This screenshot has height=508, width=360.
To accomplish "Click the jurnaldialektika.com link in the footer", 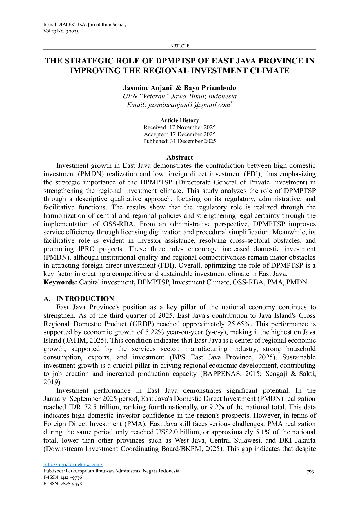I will tap(73, 465).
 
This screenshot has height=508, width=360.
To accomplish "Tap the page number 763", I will tap(310, 471).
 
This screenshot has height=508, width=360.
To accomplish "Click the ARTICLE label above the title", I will tap(179, 46).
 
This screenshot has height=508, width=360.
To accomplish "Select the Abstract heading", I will tap(180, 157).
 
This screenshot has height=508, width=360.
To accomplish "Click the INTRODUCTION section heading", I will tap(85, 299).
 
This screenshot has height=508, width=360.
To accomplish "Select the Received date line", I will tap(179, 127).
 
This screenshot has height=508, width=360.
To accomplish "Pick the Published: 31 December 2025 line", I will tap(179, 141).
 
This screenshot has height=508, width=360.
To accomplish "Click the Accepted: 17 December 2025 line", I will tap(179, 134).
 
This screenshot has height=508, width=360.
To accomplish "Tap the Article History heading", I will tap(179, 120).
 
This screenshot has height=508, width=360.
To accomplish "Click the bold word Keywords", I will tap(60, 282).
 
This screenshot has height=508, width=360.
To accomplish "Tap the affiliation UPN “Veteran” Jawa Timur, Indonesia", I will tap(180, 96).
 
